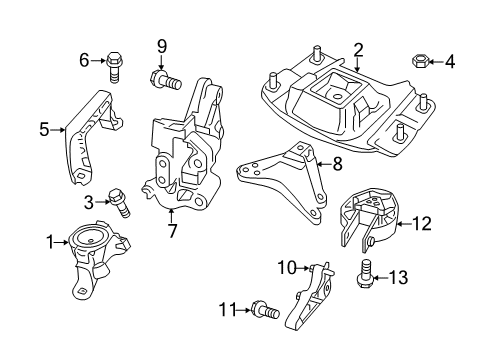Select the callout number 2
(358, 48)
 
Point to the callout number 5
(44, 128)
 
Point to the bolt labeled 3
(120, 204)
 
